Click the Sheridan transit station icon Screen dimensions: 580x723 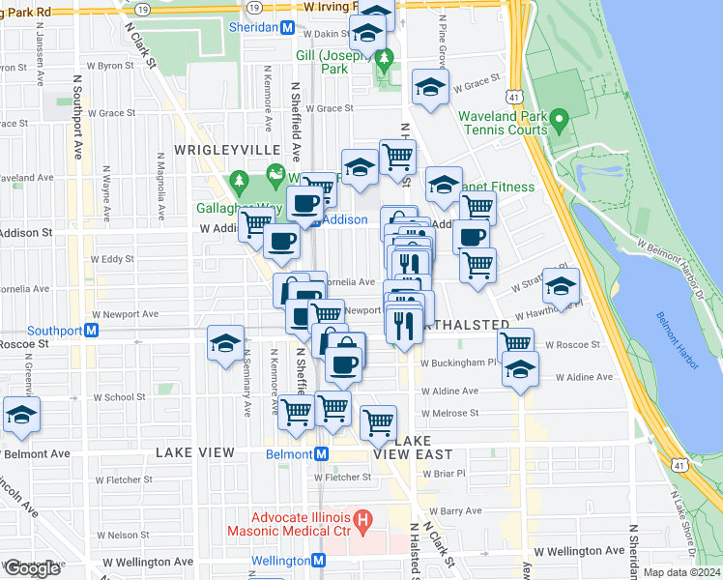(x=287, y=27)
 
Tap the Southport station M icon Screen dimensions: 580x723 (x=92, y=330)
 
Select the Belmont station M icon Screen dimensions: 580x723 (x=322, y=453)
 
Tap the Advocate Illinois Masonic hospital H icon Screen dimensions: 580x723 (x=362, y=523)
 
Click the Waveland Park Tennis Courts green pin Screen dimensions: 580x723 (x=558, y=124)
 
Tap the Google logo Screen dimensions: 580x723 (x=32, y=568)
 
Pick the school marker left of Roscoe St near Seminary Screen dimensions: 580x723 (x=226, y=345)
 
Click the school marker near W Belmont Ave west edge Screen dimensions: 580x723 (x=20, y=415)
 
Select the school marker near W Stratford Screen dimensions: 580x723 (x=560, y=285)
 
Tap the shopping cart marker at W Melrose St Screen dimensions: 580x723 (x=378, y=421)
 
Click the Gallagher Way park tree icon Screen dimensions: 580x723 (x=239, y=182)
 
